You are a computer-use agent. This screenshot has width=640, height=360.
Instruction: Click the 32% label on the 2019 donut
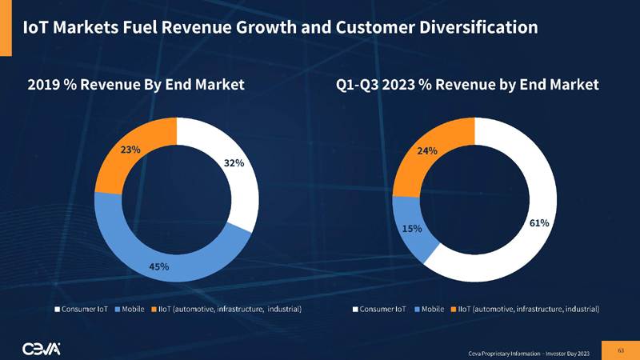click(x=234, y=163)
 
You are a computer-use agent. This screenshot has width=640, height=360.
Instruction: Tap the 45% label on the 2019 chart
click(x=158, y=266)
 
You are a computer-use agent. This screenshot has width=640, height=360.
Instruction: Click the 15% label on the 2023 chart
click(x=412, y=229)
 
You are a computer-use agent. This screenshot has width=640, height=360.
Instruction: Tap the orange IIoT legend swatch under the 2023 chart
click(x=454, y=309)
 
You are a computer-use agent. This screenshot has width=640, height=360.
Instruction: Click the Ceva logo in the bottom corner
click(x=46, y=346)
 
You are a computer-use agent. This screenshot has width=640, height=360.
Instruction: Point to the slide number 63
click(x=620, y=349)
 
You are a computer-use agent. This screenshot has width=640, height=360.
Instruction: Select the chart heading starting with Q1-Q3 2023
click(x=467, y=84)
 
